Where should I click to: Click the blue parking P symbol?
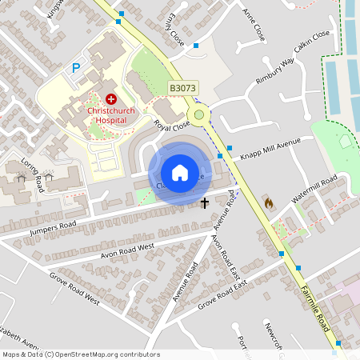(77, 69)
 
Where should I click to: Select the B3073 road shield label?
(182, 87)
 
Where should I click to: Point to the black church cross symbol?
(205, 203)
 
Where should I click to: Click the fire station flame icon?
(268, 203)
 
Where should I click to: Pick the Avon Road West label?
(126, 250)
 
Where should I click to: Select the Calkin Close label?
(311, 42)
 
